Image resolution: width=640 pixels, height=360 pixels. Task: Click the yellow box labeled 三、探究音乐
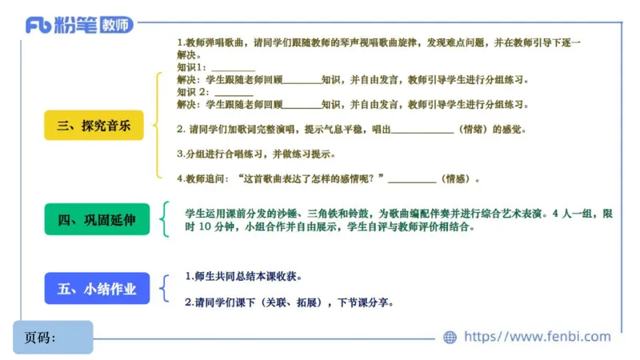tap(94, 125)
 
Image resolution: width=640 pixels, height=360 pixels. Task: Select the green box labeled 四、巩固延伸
tap(97, 219)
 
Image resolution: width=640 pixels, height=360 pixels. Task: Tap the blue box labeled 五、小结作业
tap(97, 289)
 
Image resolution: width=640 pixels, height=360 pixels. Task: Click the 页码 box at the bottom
tap(53, 337)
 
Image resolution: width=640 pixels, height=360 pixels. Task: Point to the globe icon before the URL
tap(450, 338)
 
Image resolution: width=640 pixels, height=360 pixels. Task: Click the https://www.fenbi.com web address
tap(537, 337)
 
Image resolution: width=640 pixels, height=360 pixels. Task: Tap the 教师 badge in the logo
tap(116, 25)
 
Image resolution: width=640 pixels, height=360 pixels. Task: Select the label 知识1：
tap(190, 68)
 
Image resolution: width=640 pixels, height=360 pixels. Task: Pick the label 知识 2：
tap(192, 92)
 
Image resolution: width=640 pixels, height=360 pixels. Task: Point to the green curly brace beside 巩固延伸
tap(166, 219)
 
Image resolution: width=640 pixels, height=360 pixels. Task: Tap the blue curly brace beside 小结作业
tap(166, 289)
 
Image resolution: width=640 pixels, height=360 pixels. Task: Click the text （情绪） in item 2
tap(472, 129)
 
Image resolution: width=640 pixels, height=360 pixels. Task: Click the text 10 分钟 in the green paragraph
tap(214, 226)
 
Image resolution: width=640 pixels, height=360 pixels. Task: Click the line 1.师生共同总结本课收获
tap(243, 277)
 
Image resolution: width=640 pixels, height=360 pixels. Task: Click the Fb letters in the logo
tap(39, 25)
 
